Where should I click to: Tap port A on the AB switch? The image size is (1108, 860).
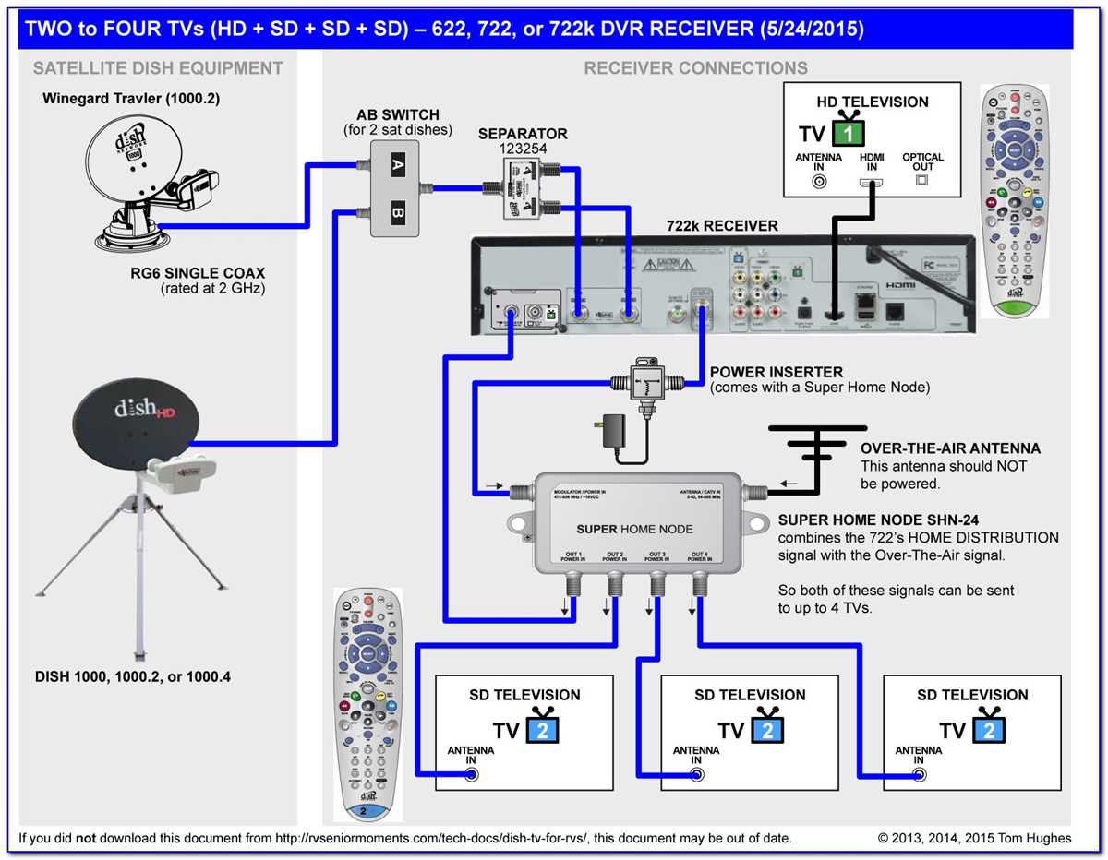[398, 166]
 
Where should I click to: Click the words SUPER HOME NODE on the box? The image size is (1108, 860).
[634, 529]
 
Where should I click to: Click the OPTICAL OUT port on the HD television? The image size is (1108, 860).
[921, 181]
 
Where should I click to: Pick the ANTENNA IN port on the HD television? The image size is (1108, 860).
[818, 182]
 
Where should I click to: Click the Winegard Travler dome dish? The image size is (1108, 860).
[148, 185]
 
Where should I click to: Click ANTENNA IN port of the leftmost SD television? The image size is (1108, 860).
[472, 774]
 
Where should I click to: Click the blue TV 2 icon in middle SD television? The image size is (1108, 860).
[765, 730]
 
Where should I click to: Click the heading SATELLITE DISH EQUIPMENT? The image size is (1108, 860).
[158, 68]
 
